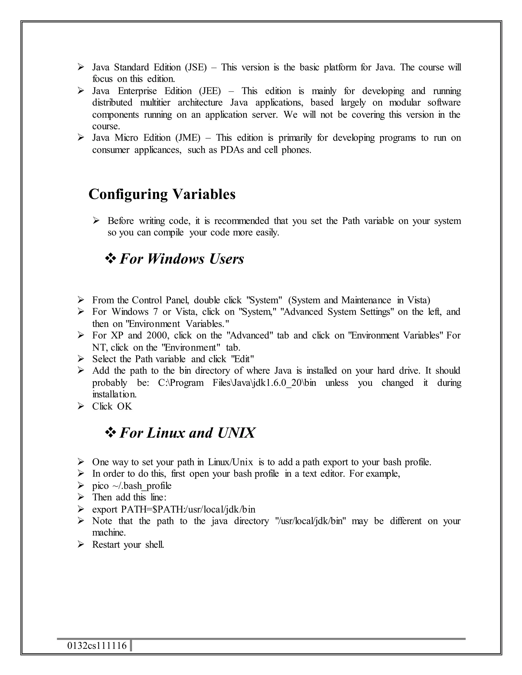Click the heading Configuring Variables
tap(162, 194)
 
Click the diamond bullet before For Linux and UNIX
tap(110, 433)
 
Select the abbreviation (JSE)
tap(196, 67)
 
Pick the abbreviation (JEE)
tap(210, 91)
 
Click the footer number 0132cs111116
tap(97, 646)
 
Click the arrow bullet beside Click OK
tap(81, 406)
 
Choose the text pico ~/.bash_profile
tap(132, 485)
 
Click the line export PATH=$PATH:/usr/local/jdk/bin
tap(174, 509)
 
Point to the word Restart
tap(106, 544)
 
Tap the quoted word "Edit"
tap(243, 359)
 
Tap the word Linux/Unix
tap(230, 462)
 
